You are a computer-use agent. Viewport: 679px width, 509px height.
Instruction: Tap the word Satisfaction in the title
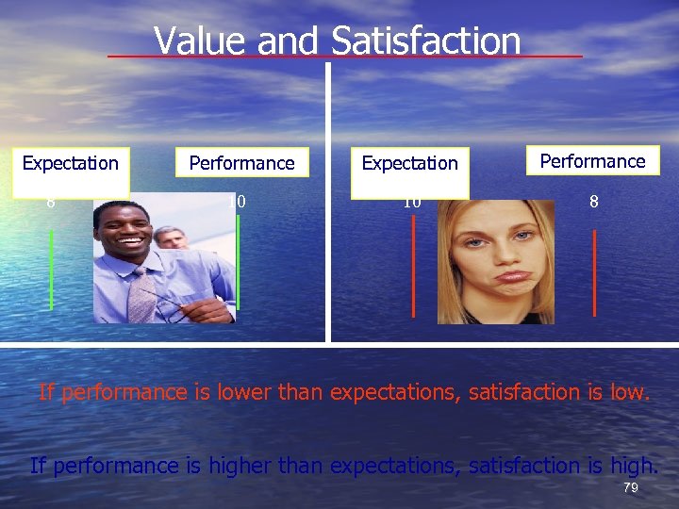tap(426, 41)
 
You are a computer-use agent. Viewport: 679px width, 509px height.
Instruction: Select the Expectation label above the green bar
tap(71, 163)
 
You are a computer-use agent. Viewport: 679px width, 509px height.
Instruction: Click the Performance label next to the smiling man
tap(241, 163)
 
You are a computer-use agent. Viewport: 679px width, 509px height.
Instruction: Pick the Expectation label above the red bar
tap(409, 163)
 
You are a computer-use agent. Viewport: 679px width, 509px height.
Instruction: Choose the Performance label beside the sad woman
tap(592, 161)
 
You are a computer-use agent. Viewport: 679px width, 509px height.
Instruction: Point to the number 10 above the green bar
tap(237, 201)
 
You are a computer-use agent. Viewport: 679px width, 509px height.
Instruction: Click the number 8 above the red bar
tap(593, 201)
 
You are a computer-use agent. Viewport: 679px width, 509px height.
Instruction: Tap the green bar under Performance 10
tap(238, 269)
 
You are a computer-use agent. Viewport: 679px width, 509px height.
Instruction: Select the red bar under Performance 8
tap(594, 273)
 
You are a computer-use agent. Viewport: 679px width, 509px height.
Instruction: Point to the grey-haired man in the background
tap(171, 238)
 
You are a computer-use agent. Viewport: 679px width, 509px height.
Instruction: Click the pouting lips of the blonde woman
tap(514, 276)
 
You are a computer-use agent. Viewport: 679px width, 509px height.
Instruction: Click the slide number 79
tap(631, 487)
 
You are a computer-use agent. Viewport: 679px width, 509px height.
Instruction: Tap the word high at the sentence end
tap(636, 465)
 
